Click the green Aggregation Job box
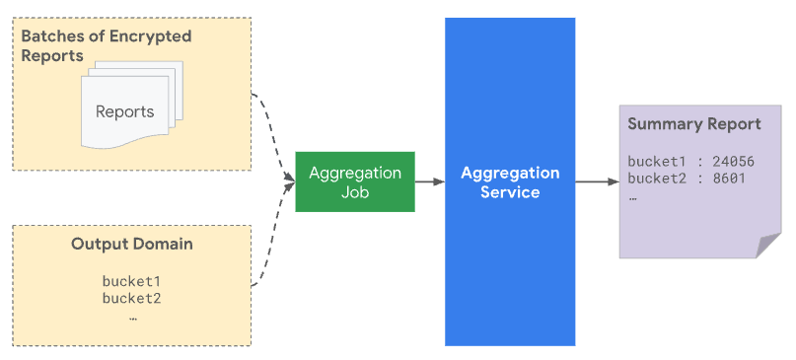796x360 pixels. pos(355,182)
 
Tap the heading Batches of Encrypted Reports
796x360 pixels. pos(107,46)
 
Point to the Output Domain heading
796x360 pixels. pos(131,244)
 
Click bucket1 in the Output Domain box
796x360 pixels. pos(131,281)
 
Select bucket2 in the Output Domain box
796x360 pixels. pos(131,299)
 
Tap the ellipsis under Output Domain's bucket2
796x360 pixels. pos(131,318)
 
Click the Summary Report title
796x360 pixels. pos(693,124)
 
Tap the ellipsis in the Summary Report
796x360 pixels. pos(632,196)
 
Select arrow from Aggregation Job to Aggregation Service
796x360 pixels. pos(429,182)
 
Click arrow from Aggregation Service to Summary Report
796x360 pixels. pos(597,182)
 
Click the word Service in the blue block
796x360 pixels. pos(510,192)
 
